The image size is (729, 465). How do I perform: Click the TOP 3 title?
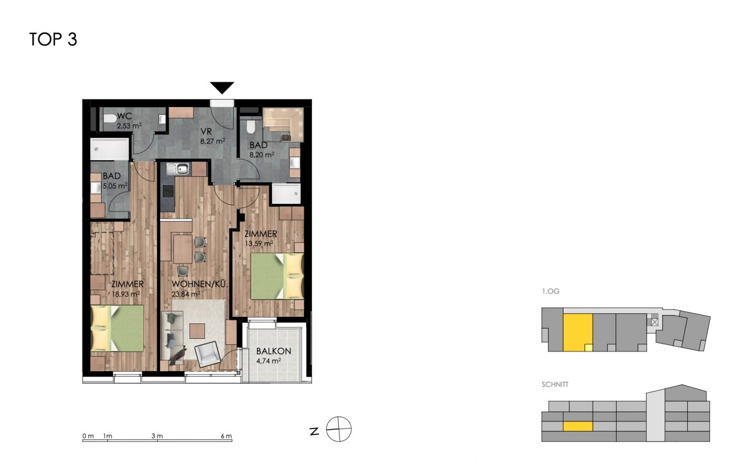click(53, 39)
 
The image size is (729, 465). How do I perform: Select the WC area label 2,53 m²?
click(129, 126)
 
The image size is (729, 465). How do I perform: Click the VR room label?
click(206, 131)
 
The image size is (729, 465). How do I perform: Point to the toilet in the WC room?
click(110, 118)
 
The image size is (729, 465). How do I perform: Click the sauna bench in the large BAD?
click(283, 124)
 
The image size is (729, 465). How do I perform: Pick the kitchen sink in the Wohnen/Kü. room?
click(177, 169)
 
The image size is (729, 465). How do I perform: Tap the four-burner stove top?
click(169, 191)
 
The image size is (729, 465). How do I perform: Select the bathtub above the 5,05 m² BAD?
click(109, 149)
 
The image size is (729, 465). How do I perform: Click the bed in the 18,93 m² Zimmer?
click(117, 328)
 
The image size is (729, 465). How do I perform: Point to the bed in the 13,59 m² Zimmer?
click(277, 276)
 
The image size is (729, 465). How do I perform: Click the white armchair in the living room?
click(207, 354)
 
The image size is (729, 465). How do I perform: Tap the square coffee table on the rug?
click(197, 331)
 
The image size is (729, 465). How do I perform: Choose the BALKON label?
click(274, 351)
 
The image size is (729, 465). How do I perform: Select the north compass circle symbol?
click(339, 429)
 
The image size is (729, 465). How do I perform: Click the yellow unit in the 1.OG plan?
click(578, 332)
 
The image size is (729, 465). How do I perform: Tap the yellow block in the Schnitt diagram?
click(578, 426)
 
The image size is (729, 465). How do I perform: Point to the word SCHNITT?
click(555, 384)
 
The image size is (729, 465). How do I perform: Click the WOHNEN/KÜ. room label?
click(200, 284)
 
